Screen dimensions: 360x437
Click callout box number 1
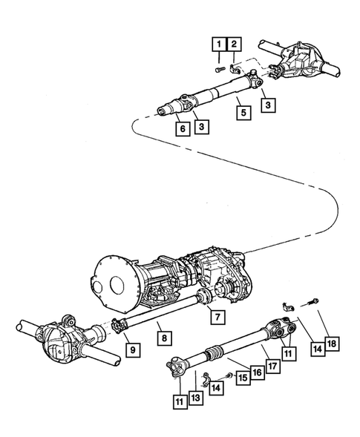click(x=219, y=44)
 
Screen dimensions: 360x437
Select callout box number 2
click(x=235, y=44)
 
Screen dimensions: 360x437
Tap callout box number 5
click(x=243, y=113)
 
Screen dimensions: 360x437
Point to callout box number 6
click(x=183, y=128)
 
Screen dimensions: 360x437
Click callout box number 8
click(x=164, y=338)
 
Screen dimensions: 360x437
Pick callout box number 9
click(x=133, y=349)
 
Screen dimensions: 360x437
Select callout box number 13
click(x=196, y=397)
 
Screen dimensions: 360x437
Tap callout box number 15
click(x=243, y=378)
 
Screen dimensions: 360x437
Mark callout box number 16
click(x=258, y=372)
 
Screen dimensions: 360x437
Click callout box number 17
click(x=272, y=366)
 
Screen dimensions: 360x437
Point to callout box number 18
click(x=332, y=344)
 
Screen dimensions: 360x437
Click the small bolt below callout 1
click(x=220, y=69)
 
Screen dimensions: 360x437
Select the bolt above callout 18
click(x=313, y=302)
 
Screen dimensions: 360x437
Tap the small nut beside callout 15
click(x=230, y=375)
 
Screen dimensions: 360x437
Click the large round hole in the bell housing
click(x=117, y=286)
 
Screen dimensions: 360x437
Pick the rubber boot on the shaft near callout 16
click(x=213, y=352)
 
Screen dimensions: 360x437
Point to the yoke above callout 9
click(x=118, y=326)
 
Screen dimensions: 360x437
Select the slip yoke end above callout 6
click(x=167, y=108)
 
